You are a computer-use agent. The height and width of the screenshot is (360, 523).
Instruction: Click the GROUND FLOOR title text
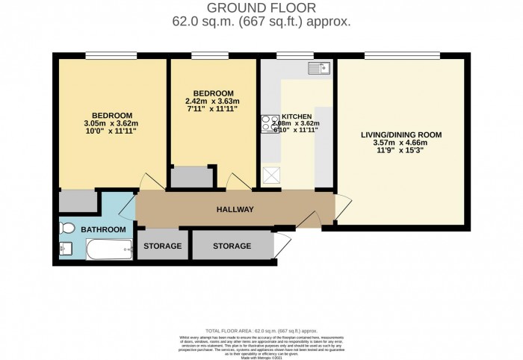pyautogui.click(x=261, y=9)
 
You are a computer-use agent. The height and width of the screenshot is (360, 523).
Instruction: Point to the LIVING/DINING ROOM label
pyautogui.click(x=402, y=134)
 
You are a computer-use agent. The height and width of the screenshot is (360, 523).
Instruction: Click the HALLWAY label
pyautogui.click(x=235, y=210)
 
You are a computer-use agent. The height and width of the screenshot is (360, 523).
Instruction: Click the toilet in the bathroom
pyautogui.click(x=67, y=229)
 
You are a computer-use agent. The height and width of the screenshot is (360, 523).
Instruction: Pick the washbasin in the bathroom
pyautogui.click(x=64, y=249)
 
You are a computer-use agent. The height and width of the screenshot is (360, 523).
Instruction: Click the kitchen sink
pyautogui.click(x=318, y=69)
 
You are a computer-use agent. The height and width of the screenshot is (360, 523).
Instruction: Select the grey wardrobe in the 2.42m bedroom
pyautogui.click(x=191, y=177)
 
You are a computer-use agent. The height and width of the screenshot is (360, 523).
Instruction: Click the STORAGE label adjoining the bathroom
pyautogui.click(x=162, y=246)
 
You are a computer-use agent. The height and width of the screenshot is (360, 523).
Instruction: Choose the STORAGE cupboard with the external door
pyautogui.click(x=232, y=246)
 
